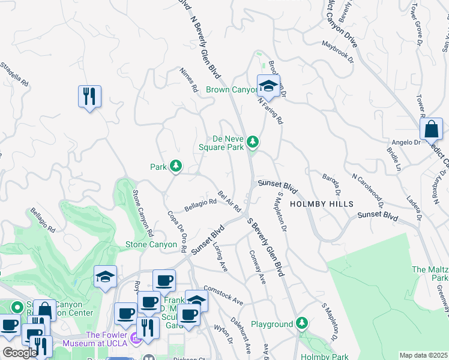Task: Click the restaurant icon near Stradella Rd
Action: coord(89,96)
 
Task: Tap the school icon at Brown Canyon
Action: coord(269,85)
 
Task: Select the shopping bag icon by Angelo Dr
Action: coord(431,128)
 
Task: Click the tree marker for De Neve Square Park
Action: coord(253,142)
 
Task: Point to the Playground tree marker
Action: coord(303,325)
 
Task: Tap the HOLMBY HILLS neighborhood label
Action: coord(318,204)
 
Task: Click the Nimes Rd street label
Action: coord(189,79)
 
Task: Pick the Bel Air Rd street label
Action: coord(229,201)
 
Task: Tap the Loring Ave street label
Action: coord(221,259)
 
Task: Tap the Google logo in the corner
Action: coord(20,353)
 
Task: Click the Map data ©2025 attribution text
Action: coord(423,355)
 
